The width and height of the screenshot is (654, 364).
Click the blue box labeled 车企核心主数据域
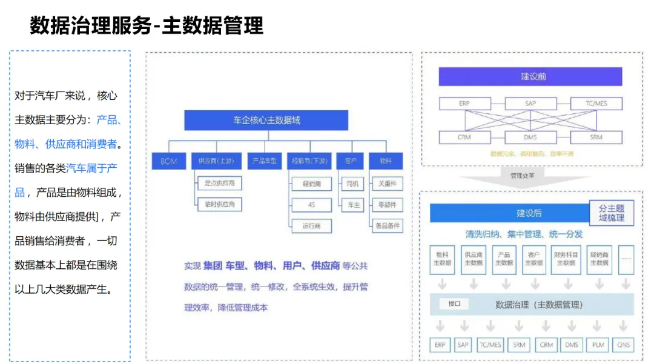(266, 120)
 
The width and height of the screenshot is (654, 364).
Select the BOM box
(169, 161)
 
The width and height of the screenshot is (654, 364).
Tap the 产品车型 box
(265, 161)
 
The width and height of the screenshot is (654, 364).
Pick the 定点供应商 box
(219, 182)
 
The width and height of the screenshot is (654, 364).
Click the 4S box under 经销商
(311, 205)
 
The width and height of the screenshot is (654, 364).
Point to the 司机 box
(352, 183)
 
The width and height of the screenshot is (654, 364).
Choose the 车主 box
(352, 205)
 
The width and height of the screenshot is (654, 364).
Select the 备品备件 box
(388, 226)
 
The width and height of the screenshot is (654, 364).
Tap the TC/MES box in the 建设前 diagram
(596, 104)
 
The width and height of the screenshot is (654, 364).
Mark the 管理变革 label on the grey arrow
(522, 176)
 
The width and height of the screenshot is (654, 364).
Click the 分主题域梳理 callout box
(612, 213)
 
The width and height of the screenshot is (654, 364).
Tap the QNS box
(623, 345)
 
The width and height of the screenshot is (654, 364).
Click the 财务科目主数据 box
(566, 259)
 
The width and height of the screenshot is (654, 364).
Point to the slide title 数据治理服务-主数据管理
(147, 26)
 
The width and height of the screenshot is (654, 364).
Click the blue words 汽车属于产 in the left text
(91, 168)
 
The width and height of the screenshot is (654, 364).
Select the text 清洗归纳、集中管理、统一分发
(524, 234)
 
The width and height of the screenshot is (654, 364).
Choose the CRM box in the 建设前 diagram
(464, 137)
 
